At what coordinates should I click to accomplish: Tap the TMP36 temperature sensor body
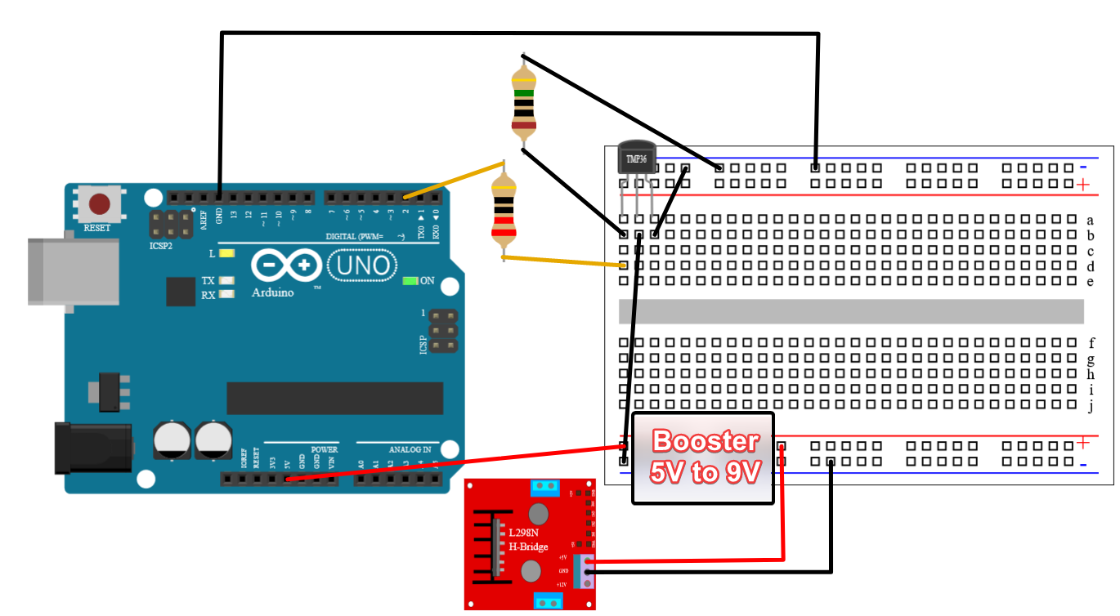pyautogui.click(x=636, y=158)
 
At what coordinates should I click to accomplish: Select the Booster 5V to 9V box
pyautogui.click(x=703, y=458)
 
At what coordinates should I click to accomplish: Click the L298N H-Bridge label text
pyautogui.click(x=528, y=539)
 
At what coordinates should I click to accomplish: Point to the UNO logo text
pyautogui.click(x=362, y=266)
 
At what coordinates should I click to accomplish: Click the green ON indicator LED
pyautogui.click(x=410, y=281)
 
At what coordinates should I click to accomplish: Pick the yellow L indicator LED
pyautogui.click(x=227, y=253)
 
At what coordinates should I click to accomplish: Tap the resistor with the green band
pyautogui.click(x=523, y=101)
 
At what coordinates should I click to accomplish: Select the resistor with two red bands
pyautogui.click(x=504, y=214)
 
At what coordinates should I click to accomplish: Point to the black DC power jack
pyautogui.click(x=90, y=447)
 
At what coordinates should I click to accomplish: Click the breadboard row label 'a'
pyautogui.click(x=1090, y=220)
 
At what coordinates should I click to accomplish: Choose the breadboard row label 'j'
pyautogui.click(x=1091, y=406)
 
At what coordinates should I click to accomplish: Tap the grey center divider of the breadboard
pyautogui.click(x=850, y=311)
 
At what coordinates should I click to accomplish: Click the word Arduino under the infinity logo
pyautogui.click(x=272, y=292)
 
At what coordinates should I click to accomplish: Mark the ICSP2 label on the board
pyautogui.click(x=161, y=245)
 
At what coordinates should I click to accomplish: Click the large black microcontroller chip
pyautogui.click(x=334, y=398)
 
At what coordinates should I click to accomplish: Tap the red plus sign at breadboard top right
pyautogui.click(x=1083, y=185)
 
